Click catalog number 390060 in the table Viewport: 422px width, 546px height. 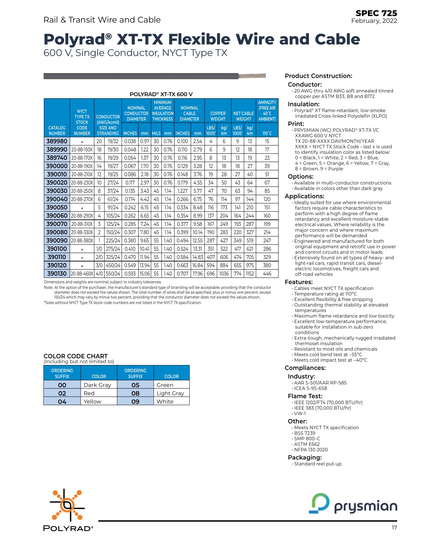tap(57, 216)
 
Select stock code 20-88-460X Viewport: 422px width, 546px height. tap(82, 274)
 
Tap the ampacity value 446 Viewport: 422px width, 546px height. tap(267, 274)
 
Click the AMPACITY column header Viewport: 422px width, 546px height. tap(267, 111)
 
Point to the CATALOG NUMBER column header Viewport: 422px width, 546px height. tap(57, 130)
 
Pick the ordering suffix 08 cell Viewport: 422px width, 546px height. tap(135, 393)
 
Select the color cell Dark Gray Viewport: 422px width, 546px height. tap(98, 385)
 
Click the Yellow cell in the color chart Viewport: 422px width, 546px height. tap(92, 402)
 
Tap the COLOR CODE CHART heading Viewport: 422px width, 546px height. tap(76, 356)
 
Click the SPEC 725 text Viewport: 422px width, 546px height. tap(376, 13)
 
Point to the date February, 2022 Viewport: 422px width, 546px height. tap(374, 21)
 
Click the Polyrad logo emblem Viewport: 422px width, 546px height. tap(67, 505)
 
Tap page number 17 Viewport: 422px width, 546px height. tap(394, 528)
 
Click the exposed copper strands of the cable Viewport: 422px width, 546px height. tap(252, 76)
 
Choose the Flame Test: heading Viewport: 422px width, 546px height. tap(305, 396)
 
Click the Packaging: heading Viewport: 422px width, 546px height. tap(304, 457)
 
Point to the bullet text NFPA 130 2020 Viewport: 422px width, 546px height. tap(311, 449)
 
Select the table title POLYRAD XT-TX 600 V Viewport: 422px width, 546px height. tap(161, 94)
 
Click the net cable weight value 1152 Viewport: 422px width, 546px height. tap(250, 274)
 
